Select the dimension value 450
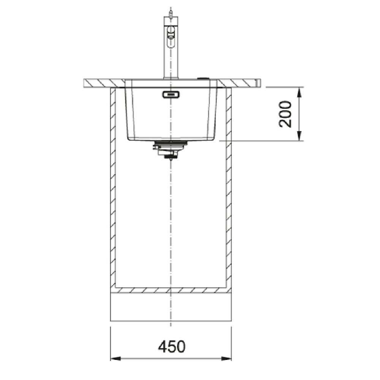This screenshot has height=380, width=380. coord(171,346)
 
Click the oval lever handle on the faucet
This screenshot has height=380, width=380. coord(171,36)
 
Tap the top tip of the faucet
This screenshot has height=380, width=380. coord(171,14)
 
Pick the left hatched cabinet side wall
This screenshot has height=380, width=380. coord(112,186)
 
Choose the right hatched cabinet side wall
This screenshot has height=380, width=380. coord(229,186)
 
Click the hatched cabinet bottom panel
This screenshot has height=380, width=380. coord(171,290)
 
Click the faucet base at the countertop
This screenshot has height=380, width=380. coord(171,78)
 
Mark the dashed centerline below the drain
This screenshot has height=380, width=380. coord(171,228)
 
